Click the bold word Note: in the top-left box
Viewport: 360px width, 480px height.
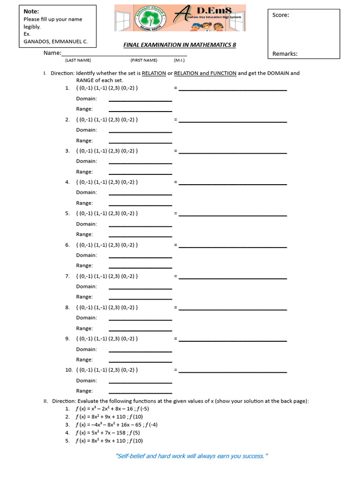coord(31,11)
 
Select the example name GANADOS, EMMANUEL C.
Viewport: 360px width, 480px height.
coord(55,42)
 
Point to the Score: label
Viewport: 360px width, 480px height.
coord(281,15)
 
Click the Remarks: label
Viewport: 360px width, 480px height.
coord(285,54)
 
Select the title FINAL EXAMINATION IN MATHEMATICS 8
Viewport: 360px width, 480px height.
coord(180,45)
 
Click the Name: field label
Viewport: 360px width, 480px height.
coord(52,53)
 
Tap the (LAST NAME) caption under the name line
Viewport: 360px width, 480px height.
coord(78,60)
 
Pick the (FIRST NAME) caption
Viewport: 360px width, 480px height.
coord(144,60)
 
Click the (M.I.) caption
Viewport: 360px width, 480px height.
coord(179,60)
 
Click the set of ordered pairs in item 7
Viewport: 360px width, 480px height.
coord(107,276)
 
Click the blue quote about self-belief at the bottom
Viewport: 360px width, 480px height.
coord(192,456)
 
